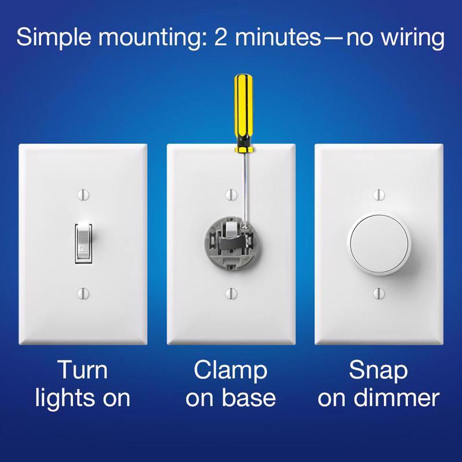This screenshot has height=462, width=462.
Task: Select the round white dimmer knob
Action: tap(379, 243)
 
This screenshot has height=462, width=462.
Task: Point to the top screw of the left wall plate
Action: tap(83, 192)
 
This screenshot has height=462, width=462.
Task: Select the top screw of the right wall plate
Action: tap(379, 192)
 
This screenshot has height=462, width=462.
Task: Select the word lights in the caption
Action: tap(68, 399)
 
